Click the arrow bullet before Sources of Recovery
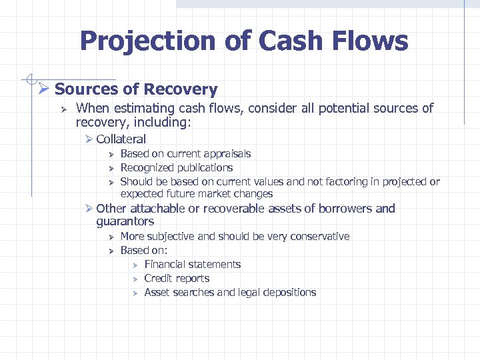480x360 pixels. pyautogui.click(x=44, y=89)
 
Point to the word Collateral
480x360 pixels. pyautogui.click(x=121, y=139)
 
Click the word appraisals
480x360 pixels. pyautogui.click(x=223, y=154)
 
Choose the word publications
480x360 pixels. pyautogui.click(x=201, y=168)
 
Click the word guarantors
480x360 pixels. pyautogui.click(x=125, y=221)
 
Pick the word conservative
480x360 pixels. pyautogui.click(x=315, y=237)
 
